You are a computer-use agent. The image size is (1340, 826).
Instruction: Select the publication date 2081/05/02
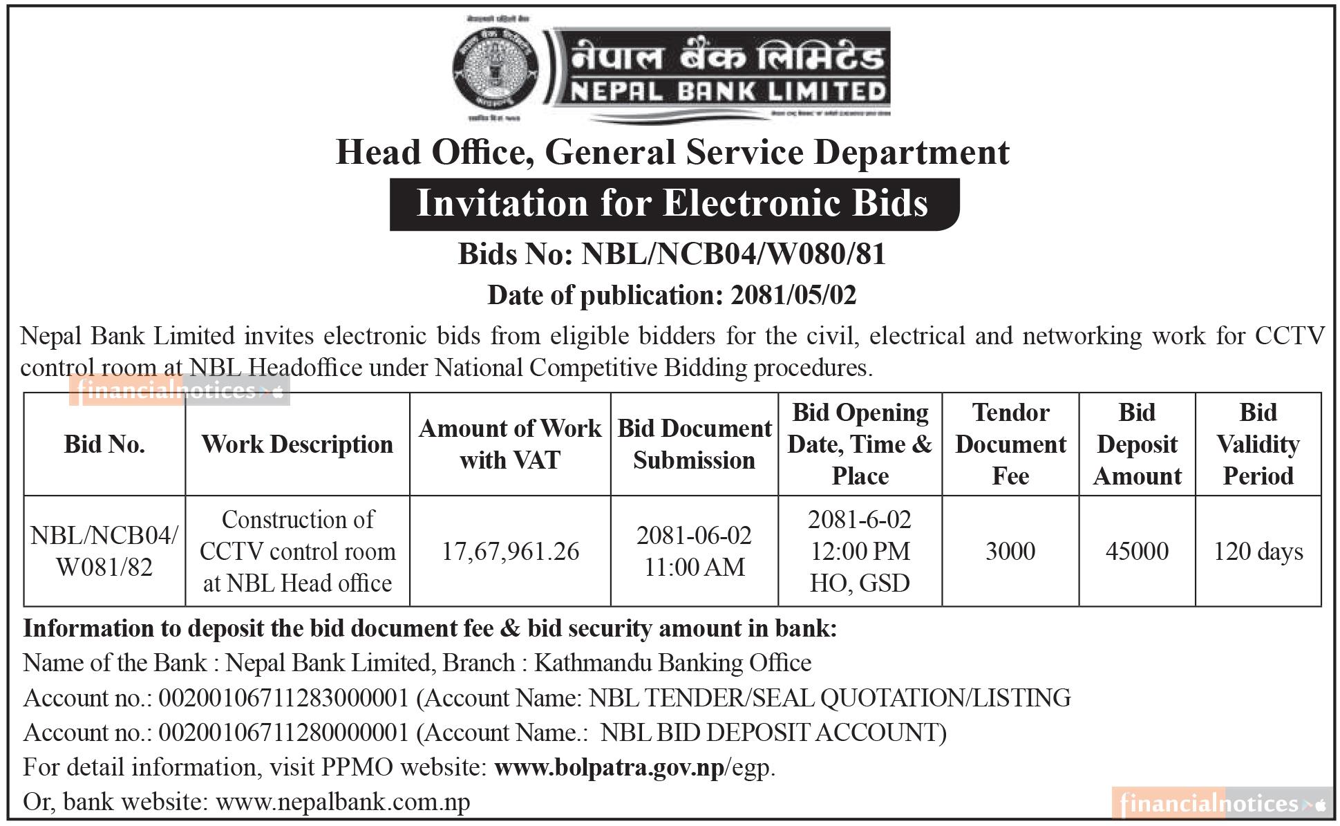click(793, 296)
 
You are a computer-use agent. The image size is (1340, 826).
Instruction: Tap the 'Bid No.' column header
click(104, 444)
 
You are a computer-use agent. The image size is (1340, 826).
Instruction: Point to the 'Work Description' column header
click(297, 444)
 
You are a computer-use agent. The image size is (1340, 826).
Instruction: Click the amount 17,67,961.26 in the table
click(510, 552)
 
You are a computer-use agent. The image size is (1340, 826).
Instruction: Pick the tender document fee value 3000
click(1010, 552)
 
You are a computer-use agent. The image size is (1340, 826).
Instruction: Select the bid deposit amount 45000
click(1137, 552)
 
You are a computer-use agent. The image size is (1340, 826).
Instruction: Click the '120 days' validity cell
click(1258, 552)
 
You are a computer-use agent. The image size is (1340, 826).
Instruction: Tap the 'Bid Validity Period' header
click(1258, 444)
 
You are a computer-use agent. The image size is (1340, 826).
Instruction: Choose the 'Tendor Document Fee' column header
click(1010, 444)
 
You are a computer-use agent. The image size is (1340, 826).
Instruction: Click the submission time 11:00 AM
click(694, 567)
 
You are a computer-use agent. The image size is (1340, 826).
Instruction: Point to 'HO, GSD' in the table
click(860, 583)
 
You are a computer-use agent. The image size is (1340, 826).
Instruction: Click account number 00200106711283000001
click(284, 698)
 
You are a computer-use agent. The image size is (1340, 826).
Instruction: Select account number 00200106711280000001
click(284, 733)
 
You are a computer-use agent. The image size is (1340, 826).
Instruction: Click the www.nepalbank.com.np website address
click(343, 802)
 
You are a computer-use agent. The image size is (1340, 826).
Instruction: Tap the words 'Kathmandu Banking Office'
click(672, 663)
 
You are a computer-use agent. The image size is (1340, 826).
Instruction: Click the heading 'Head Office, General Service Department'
click(672, 153)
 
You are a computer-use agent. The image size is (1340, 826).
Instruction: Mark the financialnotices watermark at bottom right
click(1221, 804)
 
